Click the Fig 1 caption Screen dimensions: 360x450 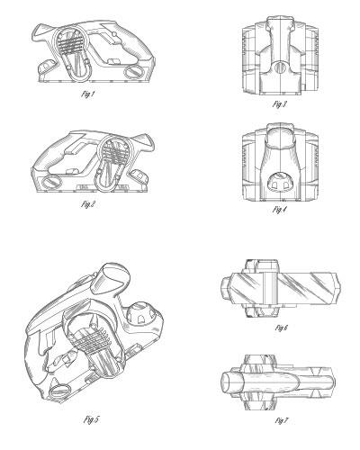[88, 94]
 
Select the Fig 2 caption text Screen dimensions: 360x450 [88, 204]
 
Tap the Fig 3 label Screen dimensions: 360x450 [280, 104]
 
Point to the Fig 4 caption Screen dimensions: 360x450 [280, 210]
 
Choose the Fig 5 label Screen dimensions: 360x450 [91, 419]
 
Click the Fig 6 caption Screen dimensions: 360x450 [282, 328]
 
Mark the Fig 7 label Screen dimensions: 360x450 [282, 420]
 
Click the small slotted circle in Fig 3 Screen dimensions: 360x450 [280, 67]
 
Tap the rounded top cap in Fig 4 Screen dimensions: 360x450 [280, 138]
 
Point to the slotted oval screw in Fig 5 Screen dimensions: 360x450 [60, 391]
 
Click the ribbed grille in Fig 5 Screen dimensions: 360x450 [91, 339]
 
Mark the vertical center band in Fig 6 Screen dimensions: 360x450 [270, 289]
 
